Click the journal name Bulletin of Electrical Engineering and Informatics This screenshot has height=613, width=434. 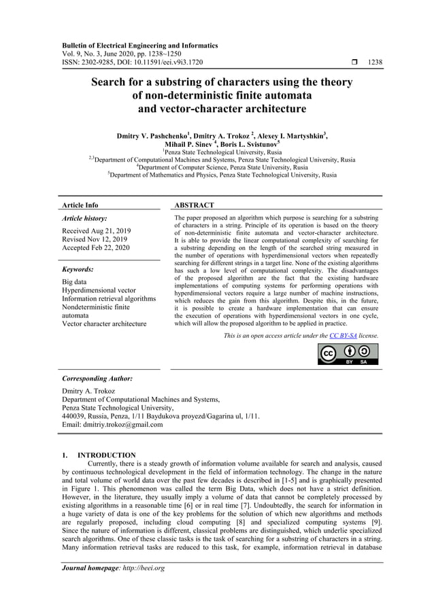(139, 46)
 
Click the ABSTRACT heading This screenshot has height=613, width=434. (194, 205)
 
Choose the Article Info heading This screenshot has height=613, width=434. (80, 205)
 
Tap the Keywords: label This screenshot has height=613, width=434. (78, 269)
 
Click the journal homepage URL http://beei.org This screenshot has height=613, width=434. (139, 568)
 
